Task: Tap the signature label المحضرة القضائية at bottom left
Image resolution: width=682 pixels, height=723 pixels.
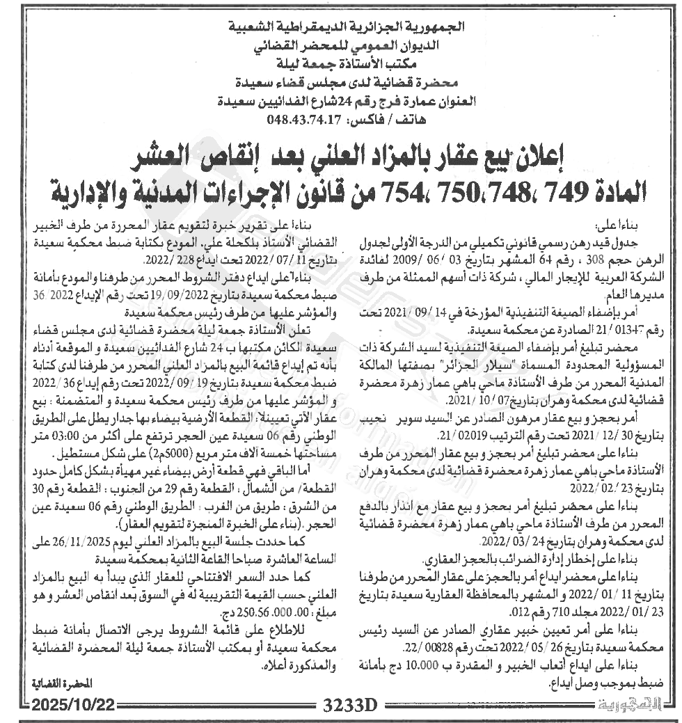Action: point(58,683)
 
